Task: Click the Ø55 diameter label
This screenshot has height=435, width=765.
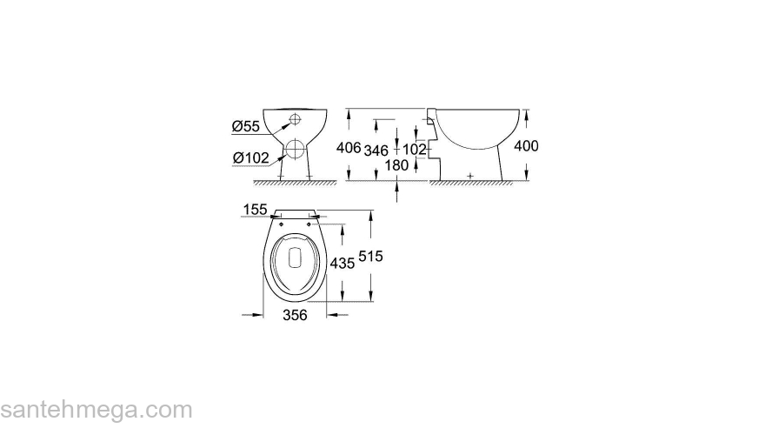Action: [246, 127]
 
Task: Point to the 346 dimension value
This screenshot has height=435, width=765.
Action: [376, 150]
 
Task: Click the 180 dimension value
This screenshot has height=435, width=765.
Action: [396, 165]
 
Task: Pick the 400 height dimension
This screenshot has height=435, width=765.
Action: [526, 146]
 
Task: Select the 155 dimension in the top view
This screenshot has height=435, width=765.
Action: [255, 210]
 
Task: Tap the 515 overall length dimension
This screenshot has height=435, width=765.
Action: [370, 257]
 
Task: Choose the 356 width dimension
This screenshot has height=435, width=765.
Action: [296, 317]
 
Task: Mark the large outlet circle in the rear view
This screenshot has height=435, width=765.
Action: [296, 148]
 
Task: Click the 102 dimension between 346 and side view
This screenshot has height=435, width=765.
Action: [416, 150]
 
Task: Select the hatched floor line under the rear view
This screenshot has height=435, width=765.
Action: [296, 184]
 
